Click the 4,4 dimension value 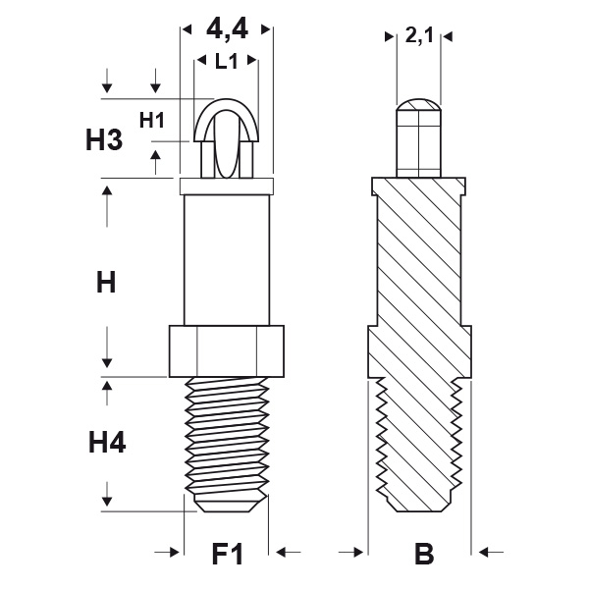[x=227, y=30]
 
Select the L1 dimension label [x=227, y=61]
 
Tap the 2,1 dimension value [x=419, y=37]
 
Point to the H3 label [x=104, y=139]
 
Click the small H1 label [x=151, y=121]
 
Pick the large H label [x=106, y=284]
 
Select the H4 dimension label [x=107, y=444]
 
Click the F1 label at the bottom [x=228, y=555]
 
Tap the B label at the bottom [x=423, y=555]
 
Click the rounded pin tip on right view [x=419, y=107]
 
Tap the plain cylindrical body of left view [x=227, y=260]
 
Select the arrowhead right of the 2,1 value [x=449, y=37]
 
